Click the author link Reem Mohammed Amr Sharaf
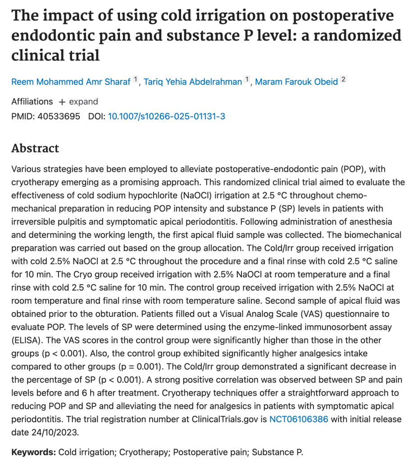[x=71, y=82]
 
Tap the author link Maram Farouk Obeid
[x=296, y=82]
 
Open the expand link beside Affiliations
[x=78, y=102]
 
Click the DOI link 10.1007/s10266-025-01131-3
[x=166, y=116]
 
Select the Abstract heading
[x=35, y=148]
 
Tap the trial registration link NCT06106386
[x=299, y=419]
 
